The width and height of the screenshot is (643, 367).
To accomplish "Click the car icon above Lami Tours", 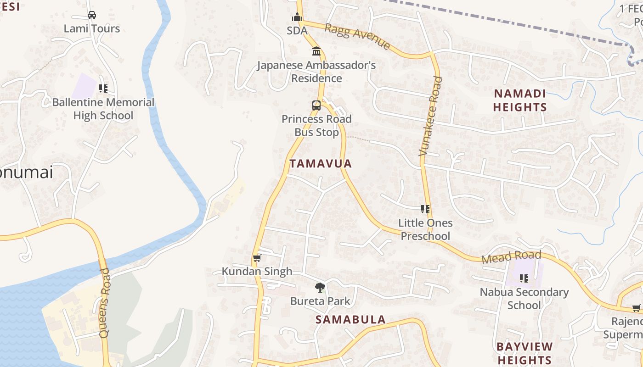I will coord(92,15).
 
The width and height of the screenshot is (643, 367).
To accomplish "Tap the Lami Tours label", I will coord(92,28).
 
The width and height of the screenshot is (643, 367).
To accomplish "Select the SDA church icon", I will coord(297,17).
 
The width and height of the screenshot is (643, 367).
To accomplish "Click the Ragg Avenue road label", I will coord(357,36).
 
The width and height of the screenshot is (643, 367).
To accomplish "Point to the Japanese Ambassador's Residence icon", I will coord(316,51).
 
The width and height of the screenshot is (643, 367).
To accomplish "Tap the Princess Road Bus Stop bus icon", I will coord(316,106).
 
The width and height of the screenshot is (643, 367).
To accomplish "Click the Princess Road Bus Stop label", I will coord(316,126).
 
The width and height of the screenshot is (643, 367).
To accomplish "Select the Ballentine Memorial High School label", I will coord(103,109).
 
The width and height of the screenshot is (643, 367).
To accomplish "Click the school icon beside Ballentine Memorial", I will coord(103,88).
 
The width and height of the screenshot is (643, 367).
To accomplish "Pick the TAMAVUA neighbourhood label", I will coord(321,164).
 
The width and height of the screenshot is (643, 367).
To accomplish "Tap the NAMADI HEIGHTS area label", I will coord(520,100).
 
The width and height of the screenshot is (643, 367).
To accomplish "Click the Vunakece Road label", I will coord(431,116).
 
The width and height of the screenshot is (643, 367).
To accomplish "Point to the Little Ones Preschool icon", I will coord(425,210).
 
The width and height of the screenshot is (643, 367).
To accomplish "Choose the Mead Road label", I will coord(511,257).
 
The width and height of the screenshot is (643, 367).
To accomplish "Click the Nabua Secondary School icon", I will coord(524,278).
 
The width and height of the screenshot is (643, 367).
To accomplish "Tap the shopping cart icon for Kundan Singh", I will coord(257,258).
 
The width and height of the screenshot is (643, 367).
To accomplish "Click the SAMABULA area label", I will coord(350,320).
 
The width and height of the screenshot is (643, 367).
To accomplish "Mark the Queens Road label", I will coord(105,303).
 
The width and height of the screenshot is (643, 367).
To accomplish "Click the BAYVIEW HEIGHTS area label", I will coord(524,353).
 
